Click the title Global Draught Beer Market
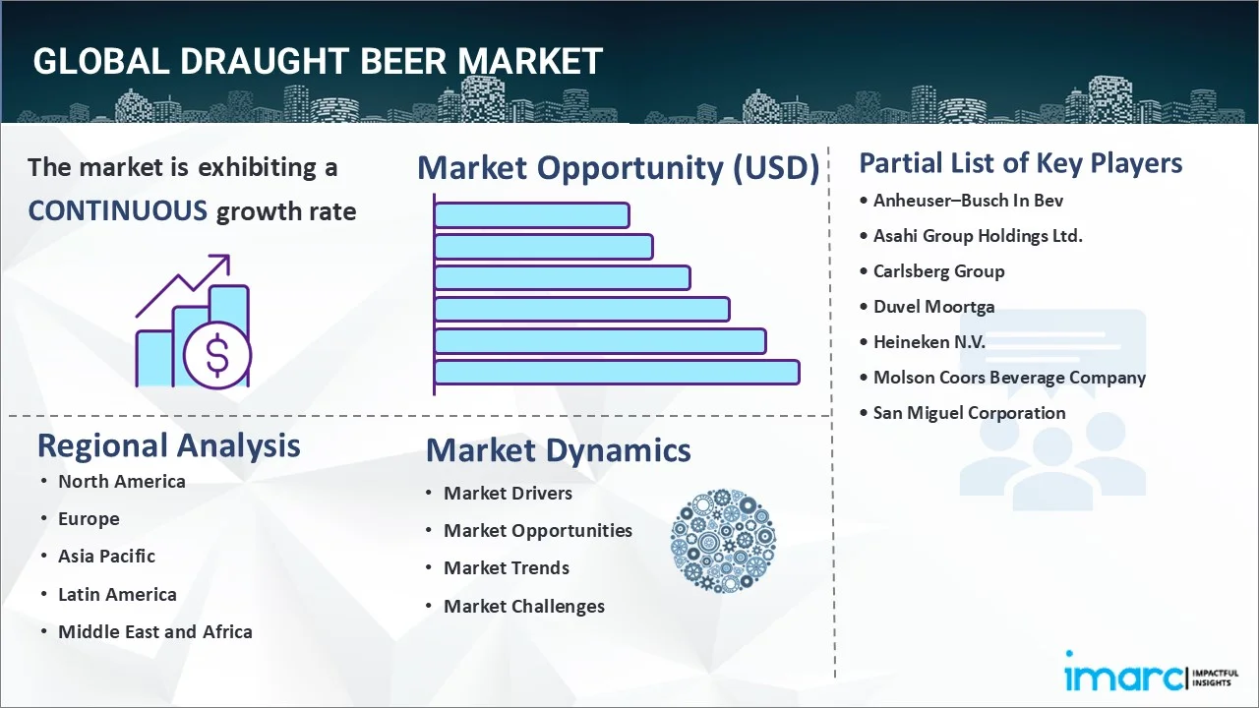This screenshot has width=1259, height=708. coord(317,61)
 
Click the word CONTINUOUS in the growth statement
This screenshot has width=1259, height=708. coord(117,210)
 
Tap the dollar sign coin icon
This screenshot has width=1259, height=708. coord(217,357)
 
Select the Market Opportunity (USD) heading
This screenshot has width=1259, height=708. coord(618,168)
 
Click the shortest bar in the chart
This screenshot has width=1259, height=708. coord(531,214)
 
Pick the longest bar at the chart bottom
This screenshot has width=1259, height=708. coord(616,372)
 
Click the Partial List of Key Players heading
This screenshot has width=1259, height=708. coord(1020,162)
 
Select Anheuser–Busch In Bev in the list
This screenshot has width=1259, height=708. coord(968,201)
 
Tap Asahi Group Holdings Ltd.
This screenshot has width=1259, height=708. coord(978,236)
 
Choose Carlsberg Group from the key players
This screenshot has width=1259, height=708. coord(938,271)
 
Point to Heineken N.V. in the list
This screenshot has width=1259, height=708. coord(929,342)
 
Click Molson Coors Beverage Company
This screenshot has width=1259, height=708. coord(1009,378)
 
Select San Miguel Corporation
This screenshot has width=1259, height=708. coord(969,413)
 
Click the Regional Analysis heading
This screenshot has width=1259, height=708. coord(168,445)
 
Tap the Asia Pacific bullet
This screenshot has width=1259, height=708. coord(106,557)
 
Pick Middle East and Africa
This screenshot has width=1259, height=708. coord(154,632)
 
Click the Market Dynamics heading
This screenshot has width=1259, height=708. coord(558,450)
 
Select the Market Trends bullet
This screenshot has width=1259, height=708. coord(506,568)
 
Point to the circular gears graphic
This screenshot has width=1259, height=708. coord(723,540)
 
